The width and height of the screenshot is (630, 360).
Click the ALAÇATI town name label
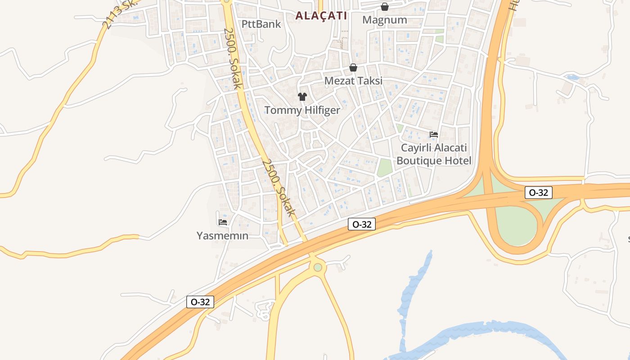pos(321,15)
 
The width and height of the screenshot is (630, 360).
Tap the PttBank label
pos(261,24)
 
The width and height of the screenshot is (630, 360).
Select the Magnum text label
pos(384,20)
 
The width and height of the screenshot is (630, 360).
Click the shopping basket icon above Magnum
pos(384,7)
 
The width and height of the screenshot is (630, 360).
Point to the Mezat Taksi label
pos(353,81)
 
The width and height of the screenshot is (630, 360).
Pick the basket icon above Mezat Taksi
pos(353,67)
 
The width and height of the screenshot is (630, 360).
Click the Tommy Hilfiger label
pos(302,110)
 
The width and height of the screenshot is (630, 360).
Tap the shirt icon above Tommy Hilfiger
pos(302,97)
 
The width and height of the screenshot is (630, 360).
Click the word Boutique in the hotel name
pos(419,161)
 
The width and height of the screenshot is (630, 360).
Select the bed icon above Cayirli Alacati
pos(434,134)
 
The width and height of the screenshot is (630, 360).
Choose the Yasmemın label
pos(222,235)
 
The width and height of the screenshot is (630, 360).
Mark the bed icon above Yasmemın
pos(222,222)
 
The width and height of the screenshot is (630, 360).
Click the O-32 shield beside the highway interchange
pos(538,193)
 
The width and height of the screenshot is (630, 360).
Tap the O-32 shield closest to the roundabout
pos(361,224)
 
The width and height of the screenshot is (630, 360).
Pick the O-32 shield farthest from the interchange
pos(200,302)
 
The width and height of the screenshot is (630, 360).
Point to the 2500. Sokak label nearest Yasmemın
pos(279,187)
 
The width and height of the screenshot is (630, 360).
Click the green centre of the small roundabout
pos(318,267)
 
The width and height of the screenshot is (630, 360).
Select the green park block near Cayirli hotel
pos(384,167)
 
